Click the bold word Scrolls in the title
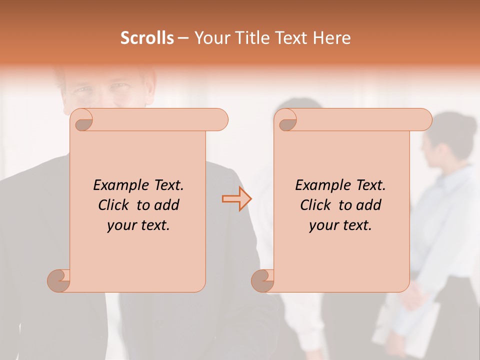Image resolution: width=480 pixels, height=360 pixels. pyautogui.click(x=147, y=38)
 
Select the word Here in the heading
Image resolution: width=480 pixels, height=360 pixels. pyautogui.click(x=332, y=38)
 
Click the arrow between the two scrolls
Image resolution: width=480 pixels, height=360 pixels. pyautogui.click(x=236, y=199)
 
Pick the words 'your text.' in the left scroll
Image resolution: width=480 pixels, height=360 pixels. pyautogui.click(x=138, y=225)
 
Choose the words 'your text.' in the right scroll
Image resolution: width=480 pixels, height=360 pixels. pyautogui.click(x=340, y=225)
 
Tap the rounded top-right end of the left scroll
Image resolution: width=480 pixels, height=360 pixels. pyautogui.click(x=220, y=119)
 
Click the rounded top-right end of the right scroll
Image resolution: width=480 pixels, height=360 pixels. pyautogui.click(x=424, y=119)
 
